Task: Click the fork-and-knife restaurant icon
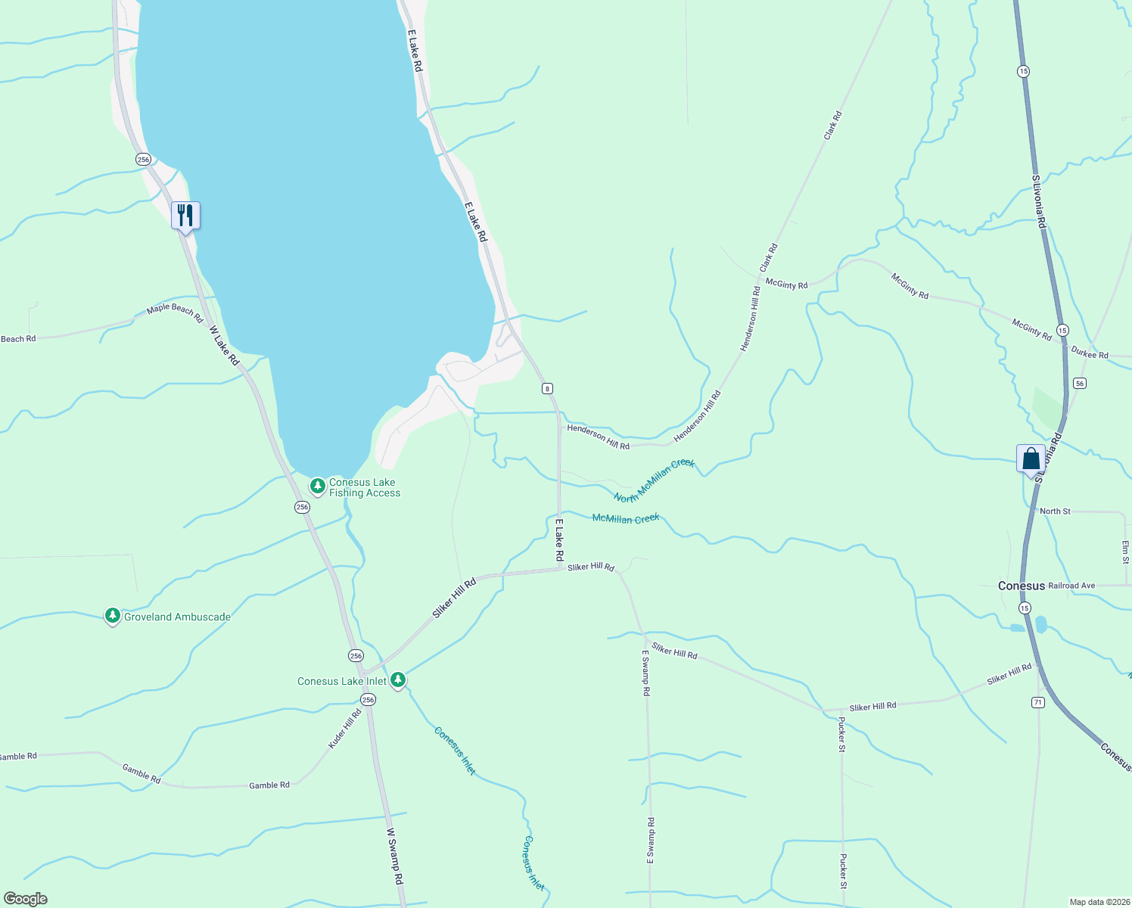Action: point(185,216)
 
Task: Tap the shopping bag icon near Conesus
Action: point(1031,459)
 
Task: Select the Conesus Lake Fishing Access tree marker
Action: point(318,485)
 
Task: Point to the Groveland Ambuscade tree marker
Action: point(113,617)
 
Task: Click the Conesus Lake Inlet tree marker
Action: point(398,679)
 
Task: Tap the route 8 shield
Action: point(547,388)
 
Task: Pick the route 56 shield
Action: point(1079,384)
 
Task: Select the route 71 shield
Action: point(1037,703)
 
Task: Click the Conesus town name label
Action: point(1021,586)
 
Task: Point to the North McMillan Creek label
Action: point(654,480)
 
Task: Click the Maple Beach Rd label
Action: point(175,313)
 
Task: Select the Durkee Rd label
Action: point(1090,353)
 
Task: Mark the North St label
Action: point(1055,512)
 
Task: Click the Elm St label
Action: point(1125,552)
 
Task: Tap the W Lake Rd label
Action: point(224,346)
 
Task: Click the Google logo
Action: point(26,899)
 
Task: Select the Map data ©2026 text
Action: point(1097,902)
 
